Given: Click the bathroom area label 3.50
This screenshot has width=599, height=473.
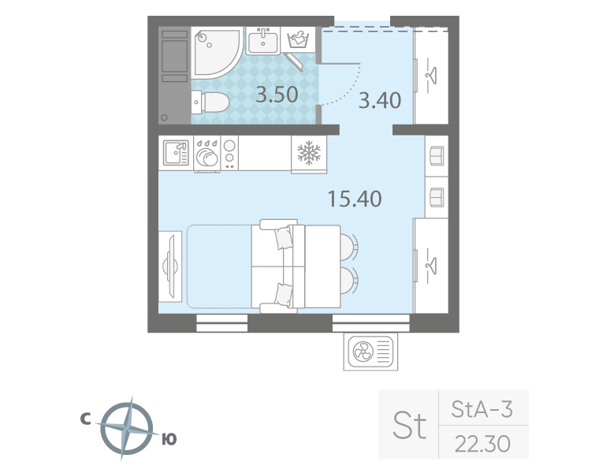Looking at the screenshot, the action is tap(277, 95).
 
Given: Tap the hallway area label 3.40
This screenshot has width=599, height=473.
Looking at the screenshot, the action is tap(380, 100).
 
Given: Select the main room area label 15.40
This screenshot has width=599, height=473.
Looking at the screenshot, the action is tap(355, 199).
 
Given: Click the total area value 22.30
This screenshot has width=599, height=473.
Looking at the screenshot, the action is tap(482, 443).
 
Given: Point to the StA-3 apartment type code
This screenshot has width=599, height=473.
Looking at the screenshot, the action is tap(482, 409).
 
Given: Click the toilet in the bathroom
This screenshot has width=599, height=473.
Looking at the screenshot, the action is tap(210, 102).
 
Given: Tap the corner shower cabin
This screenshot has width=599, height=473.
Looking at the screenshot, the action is tap(217, 52).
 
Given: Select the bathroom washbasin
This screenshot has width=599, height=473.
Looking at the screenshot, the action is tap(262, 41).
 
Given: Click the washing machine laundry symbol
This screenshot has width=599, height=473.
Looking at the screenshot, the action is tap(298, 39).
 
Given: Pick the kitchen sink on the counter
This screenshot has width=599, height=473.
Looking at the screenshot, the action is tap(176, 153).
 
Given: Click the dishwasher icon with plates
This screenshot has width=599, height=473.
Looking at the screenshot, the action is tap(207, 154).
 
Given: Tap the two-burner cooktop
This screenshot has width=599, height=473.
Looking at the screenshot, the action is tap(229, 153).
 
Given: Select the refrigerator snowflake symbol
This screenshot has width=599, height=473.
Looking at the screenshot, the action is tap(309, 153).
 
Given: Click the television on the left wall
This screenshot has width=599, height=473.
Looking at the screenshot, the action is tap(171, 266).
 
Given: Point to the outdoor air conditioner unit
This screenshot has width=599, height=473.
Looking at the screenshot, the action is tap(370, 352).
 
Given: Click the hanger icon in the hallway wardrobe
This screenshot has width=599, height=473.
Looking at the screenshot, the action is tap(432, 75).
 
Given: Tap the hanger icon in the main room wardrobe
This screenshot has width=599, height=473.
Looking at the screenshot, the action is tap(432, 265).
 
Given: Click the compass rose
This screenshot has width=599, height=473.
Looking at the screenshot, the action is tap(128, 428).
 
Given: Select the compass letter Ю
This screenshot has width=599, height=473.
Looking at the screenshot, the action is tap(169, 439).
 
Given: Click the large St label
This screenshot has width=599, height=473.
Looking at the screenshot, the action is tap(410, 424).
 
